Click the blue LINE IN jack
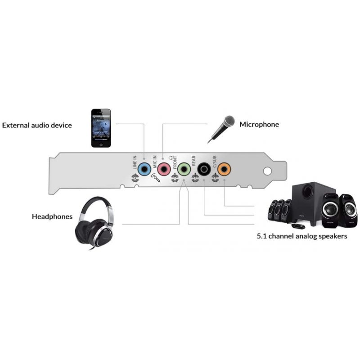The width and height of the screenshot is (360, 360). click(144, 170)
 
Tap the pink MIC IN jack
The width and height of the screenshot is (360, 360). click(164, 170)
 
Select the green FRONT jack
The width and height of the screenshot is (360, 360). click(184, 170)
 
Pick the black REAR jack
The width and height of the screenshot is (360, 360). click(204, 170)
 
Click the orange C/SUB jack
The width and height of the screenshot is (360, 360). click(224, 170)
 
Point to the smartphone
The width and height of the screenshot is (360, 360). click(101, 128)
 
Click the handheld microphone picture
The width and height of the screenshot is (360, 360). click(221, 129)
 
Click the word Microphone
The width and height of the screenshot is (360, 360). click(259, 125)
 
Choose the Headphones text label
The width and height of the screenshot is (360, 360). click(52, 216)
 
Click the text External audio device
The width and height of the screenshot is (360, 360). click(37, 125)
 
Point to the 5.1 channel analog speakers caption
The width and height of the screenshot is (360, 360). click(302, 236)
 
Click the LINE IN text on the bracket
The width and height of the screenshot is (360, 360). click(135, 162)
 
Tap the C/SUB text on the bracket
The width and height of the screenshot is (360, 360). click(215, 162)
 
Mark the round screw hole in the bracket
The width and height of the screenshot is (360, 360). click(267, 171)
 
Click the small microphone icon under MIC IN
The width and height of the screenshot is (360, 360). click(155, 178)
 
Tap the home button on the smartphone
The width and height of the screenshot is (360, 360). click(101, 144)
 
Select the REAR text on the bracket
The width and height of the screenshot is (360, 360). click(193, 161)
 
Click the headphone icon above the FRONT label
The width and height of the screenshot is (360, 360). click(171, 158)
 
